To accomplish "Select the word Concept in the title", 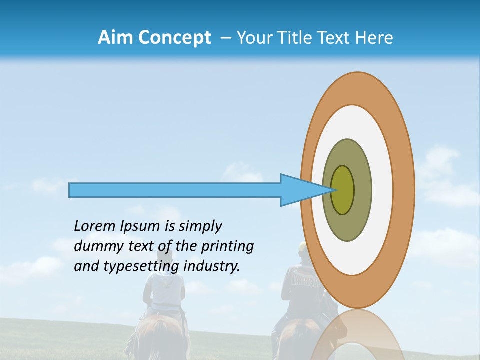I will (174, 38).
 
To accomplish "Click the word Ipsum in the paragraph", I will (140, 226).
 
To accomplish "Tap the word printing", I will (227, 246).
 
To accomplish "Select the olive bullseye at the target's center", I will (343, 190).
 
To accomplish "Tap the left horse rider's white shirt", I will (164, 295).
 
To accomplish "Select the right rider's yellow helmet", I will (302, 246).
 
